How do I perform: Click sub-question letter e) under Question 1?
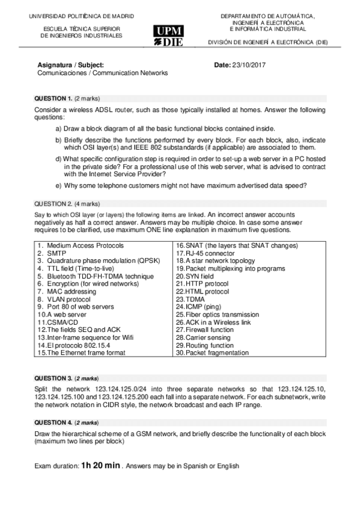pyautogui.click(x=58, y=185)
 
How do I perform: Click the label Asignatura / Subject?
pyautogui.click(x=70, y=64)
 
